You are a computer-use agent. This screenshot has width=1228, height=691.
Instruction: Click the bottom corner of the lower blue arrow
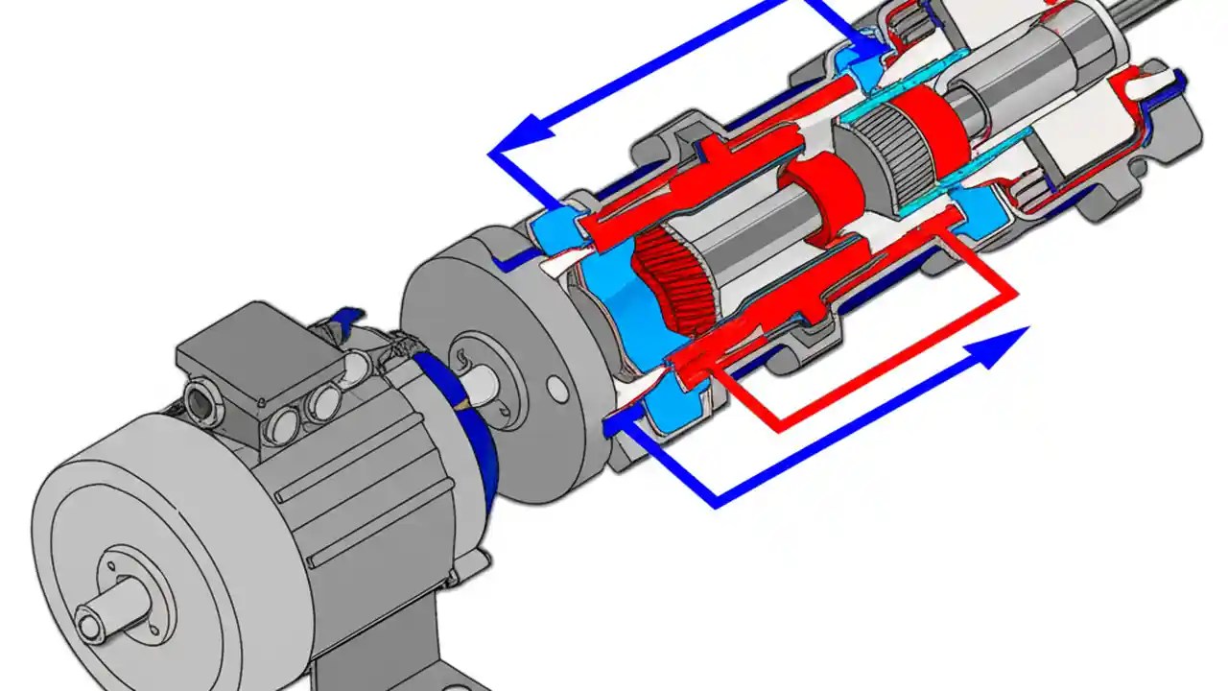(716, 502)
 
